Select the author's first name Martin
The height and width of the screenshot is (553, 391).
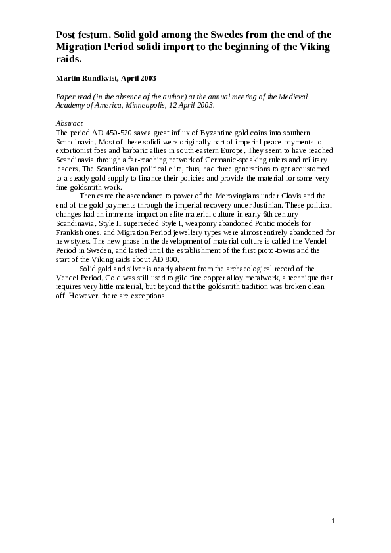click(68, 78)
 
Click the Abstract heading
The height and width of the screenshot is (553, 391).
click(69, 123)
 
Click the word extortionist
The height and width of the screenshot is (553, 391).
click(74, 151)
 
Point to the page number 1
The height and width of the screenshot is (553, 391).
click(333, 521)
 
